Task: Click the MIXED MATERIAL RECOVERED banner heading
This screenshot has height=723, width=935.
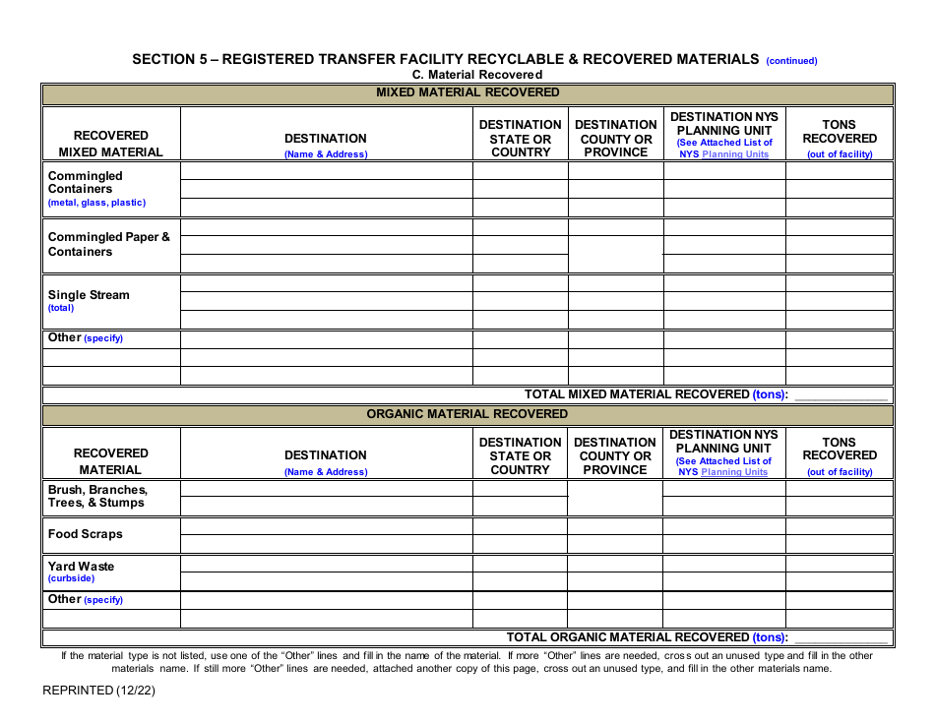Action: click(467, 92)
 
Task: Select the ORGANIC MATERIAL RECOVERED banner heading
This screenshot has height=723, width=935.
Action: click(467, 414)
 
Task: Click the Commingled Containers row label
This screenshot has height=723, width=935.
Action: click(86, 183)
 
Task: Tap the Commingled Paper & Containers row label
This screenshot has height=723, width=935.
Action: click(108, 244)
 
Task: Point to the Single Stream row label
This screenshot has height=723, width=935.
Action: click(89, 295)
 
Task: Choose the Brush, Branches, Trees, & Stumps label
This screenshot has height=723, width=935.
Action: click(97, 496)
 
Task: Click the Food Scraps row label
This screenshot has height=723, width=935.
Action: click(86, 534)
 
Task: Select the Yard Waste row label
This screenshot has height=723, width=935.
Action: click(81, 567)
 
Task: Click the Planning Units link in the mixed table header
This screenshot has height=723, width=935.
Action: click(735, 154)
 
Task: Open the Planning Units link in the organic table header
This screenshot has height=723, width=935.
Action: click(734, 472)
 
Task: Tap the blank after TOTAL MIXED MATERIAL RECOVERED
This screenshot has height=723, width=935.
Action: click(840, 394)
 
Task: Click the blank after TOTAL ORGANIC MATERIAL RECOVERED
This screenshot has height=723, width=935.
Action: click(840, 637)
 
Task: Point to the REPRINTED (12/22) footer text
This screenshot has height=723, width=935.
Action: click(98, 690)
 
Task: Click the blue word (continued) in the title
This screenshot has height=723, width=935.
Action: click(791, 61)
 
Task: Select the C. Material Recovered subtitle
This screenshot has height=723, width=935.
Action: click(477, 75)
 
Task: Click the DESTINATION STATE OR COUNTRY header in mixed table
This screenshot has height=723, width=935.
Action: click(521, 139)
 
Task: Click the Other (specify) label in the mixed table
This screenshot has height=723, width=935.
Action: click(86, 338)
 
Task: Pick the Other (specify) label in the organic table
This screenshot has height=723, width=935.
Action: click(86, 599)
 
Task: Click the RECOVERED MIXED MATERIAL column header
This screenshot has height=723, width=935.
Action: click(111, 144)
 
